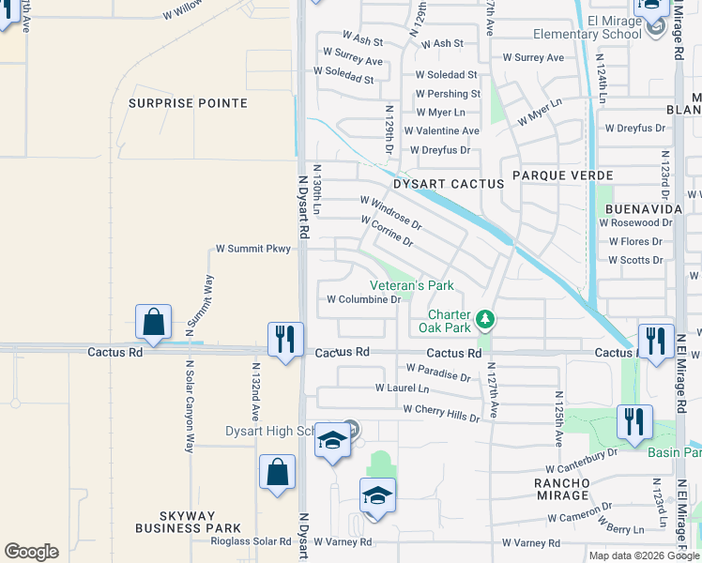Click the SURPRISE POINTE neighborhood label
pos(188,103)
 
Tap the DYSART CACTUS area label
pos(448,185)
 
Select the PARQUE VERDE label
pos(562,175)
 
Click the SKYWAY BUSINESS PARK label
pos(187,523)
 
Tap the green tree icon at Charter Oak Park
pos(485,321)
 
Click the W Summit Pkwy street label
pos(253,249)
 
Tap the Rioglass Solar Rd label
pos(251,541)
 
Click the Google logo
pos(31,552)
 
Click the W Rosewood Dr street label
pos(635,223)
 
